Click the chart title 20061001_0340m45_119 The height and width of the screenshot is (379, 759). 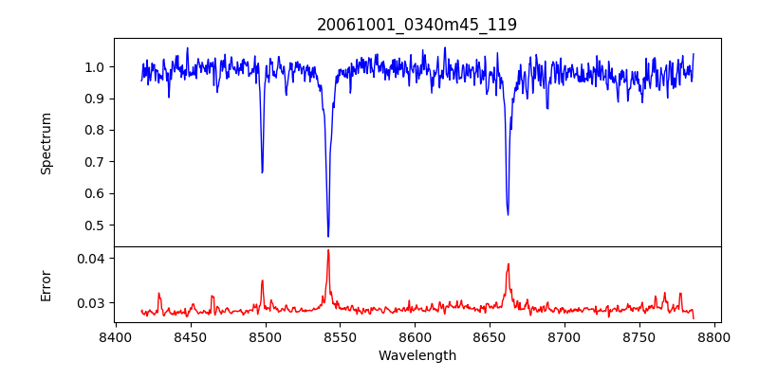point(417,25)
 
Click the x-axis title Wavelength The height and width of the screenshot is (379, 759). point(417,356)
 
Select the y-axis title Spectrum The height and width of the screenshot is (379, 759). point(46,143)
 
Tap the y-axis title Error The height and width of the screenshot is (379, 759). point(46,285)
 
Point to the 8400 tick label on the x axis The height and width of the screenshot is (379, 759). point(115,336)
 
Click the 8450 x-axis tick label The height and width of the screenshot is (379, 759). point(190,336)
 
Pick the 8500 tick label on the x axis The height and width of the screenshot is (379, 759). point(265,336)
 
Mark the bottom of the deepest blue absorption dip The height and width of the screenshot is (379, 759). point(328,236)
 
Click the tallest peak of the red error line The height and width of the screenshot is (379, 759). point(328,250)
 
